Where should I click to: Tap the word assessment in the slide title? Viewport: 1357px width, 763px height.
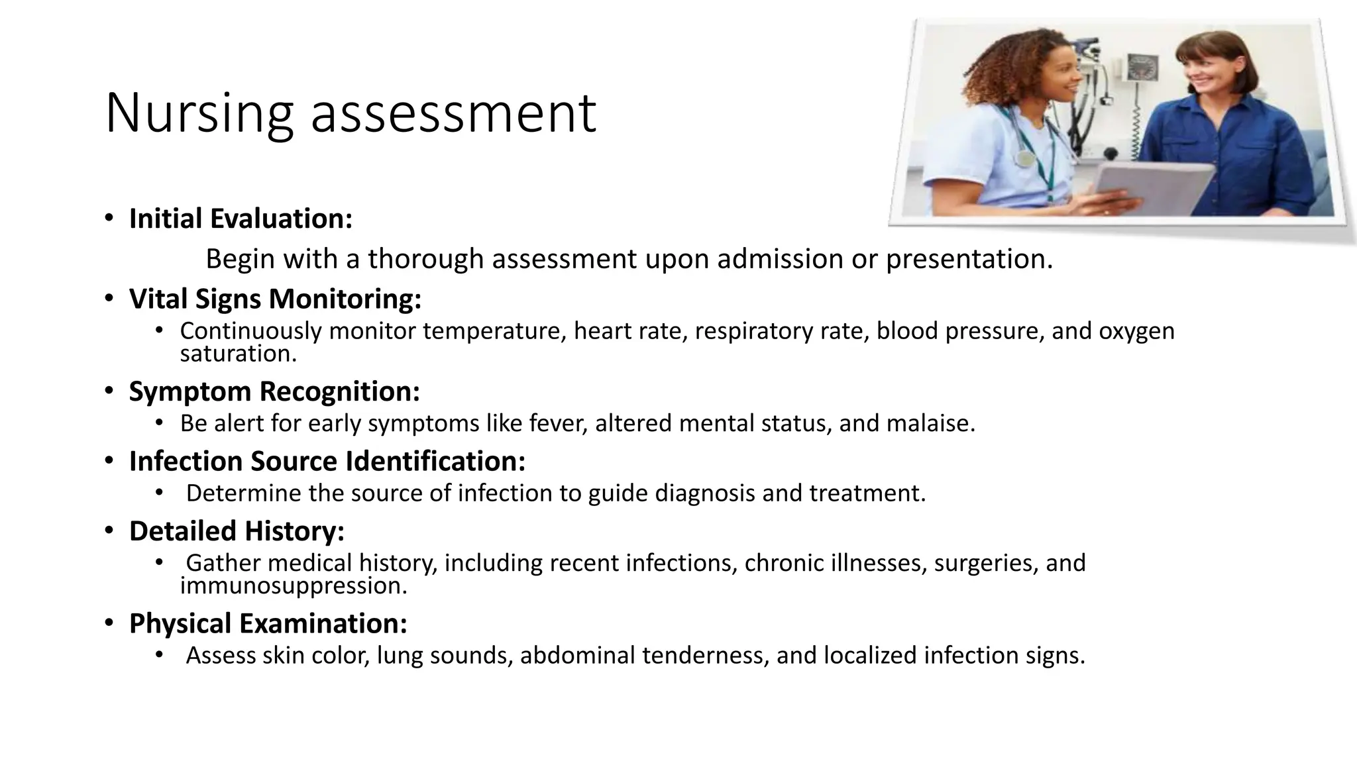[x=453, y=114]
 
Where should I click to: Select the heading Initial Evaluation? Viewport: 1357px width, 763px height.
[x=241, y=219]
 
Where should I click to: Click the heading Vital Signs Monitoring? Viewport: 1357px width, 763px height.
[x=275, y=299]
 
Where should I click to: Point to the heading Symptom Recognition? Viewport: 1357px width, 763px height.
[x=274, y=391]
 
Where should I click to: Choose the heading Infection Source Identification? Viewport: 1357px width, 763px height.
[x=327, y=462]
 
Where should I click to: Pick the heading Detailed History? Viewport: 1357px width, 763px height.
[x=237, y=531]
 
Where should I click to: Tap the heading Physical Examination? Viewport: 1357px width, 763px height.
[x=268, y=624]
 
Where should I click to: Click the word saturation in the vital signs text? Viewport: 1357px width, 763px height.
[x=238, y=354]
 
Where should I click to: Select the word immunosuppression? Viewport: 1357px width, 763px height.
[x=293, y=585]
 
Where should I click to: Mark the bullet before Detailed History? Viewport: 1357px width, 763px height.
[x=109, y=531]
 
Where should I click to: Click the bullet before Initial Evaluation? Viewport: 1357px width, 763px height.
[x=109, y=218]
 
